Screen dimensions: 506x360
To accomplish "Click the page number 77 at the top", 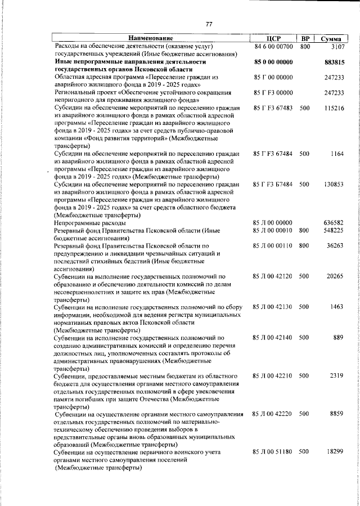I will coord(209,24).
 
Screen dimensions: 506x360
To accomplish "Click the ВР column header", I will coord(305,38).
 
